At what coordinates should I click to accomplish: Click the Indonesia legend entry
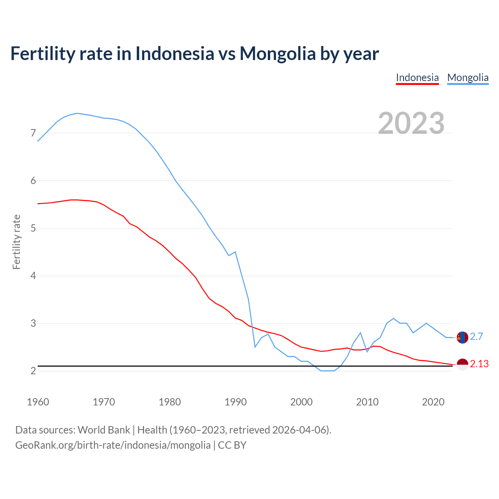pyautogui.click(x=417, y=78)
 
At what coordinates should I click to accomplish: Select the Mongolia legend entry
pyautogui.click(x=468, y=78)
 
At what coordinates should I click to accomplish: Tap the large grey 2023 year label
pyautogui.click(x=411, y=123)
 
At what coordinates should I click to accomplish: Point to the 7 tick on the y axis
pyautogui.click(x=33, y=133)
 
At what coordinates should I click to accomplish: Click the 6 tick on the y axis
pyautogui.click(x=33, y=181)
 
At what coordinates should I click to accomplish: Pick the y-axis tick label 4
pyautogui.click(x=33, y=276)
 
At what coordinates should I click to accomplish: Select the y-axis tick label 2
pyautogui.click(x=33, y=371)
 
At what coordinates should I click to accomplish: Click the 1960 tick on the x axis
pyautogui.click(x=38, y=402)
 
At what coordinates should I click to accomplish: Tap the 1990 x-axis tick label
pyautogui.click(x=235, y=402)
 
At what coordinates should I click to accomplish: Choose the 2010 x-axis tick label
pyautogui.click(x=367, y=402)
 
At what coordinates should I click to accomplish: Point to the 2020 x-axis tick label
pyautogui.click(x=433, y=402)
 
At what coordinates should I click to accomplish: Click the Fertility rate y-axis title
pyautogui.click(x=16, y=242)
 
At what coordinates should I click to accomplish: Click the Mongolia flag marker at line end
pyautogui.click(x=462, y=337)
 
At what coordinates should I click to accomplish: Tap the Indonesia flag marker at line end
pyautogui.click(x=462, y=365)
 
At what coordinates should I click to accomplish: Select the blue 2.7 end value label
pyautogui.click(x=476, y=337)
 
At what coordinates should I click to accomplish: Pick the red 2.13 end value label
pyautogui.click(x=479, y=364)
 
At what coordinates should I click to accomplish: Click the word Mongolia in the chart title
pyautogui.click(x=278, y=53)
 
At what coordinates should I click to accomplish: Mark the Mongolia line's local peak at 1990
pyautogui.click(x=235, y=252)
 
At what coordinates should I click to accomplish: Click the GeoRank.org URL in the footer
pyautogui.click(x=113, y=445)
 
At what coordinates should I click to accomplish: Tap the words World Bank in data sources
pyautogui.click(x=104, y=430)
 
